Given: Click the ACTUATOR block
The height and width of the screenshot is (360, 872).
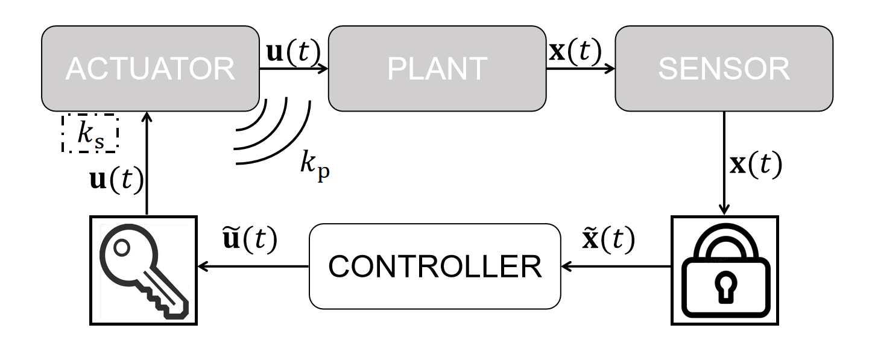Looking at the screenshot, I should [150, 69].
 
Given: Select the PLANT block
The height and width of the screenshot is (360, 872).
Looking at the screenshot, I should [437, 69].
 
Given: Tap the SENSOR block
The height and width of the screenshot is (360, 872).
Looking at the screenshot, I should [724, 69].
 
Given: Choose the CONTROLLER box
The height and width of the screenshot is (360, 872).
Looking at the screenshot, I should [435, 267].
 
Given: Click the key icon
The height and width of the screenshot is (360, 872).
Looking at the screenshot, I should [144, 270].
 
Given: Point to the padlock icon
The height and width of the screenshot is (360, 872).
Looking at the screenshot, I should [725, 270].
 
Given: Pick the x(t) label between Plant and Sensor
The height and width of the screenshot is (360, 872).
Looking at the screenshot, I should [575, 52].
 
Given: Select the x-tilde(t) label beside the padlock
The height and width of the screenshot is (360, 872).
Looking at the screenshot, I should [608, 241].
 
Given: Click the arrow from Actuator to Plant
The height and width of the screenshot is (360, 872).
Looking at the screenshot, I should [293, 69].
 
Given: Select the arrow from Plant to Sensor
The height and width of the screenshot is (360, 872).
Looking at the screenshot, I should [580, 69].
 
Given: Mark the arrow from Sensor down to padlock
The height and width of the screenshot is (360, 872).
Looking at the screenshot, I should [724, 163].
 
